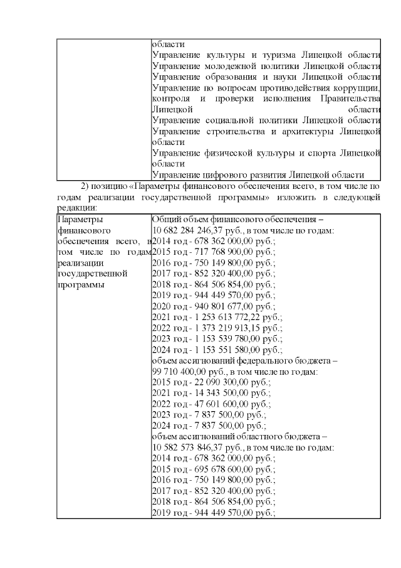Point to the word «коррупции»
tap(355, 87)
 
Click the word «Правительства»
tap(350, 99)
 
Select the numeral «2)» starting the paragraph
tap(86, 186)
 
